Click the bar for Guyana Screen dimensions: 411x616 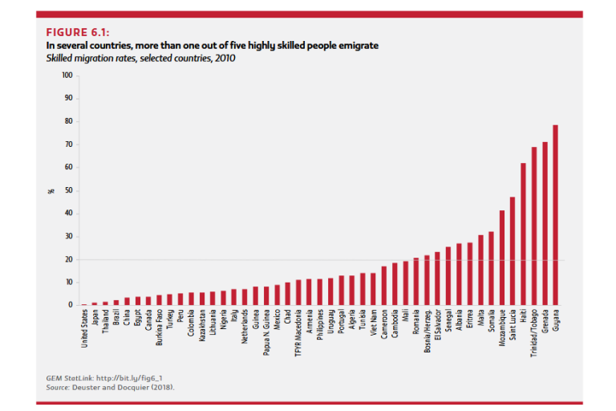(x=555, y=215)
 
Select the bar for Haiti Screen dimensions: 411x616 (x=523, y=234)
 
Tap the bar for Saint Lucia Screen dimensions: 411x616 (x=512, y=250)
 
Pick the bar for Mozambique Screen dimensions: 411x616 (x=501, y=258)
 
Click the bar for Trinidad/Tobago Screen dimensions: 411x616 (x=533, y=226)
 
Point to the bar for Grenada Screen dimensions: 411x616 (x=545, y=223)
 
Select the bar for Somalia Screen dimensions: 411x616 (x=491, y=268)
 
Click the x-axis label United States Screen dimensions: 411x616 (x=85, y=329)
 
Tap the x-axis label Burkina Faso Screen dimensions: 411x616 (x=159, y=328)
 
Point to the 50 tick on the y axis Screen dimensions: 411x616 (x=68, y=190)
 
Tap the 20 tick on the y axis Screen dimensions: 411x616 (x=68, y=259)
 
